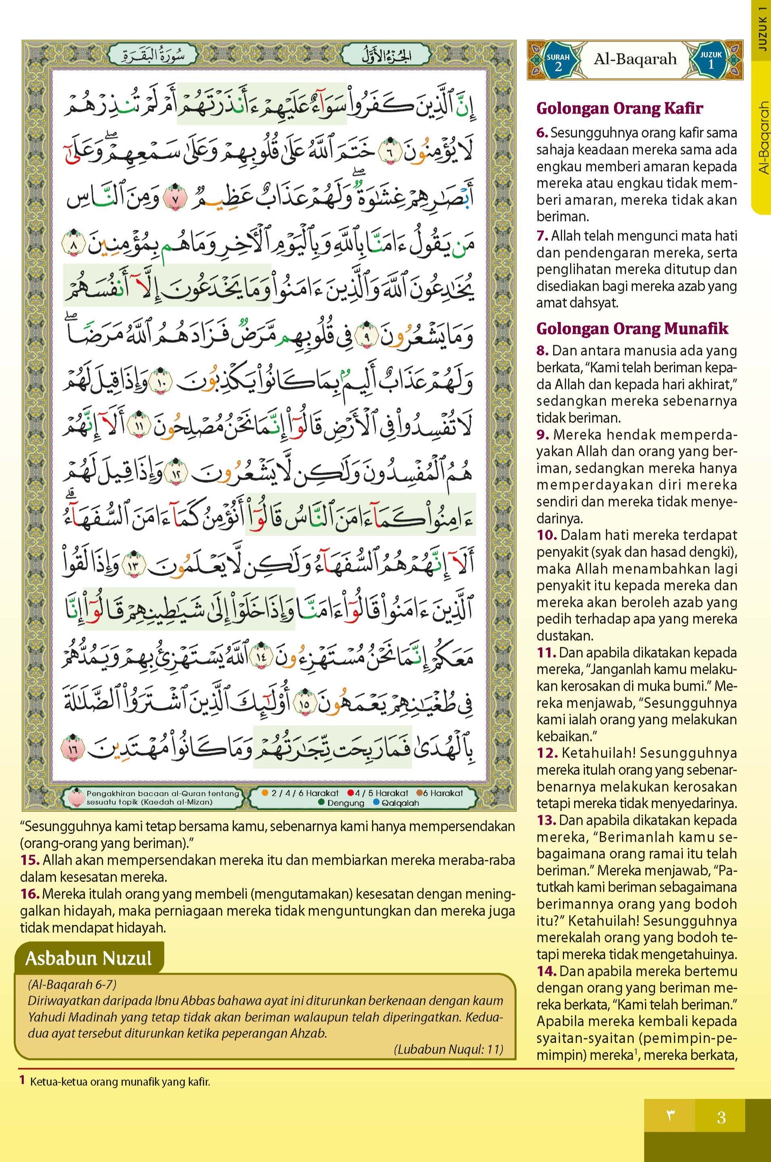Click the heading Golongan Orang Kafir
[620, 108]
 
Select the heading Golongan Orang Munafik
[632, 329]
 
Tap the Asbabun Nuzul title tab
[89, 958]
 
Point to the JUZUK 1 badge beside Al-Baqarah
[711, 60]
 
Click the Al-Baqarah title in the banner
[635, 60]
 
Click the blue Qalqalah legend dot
[376, 803]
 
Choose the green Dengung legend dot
[322, 803]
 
